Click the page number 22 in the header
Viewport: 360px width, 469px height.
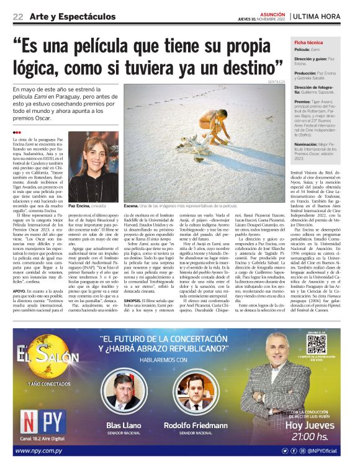pos(18,16)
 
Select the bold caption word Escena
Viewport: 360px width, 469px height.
pos(132,204)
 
